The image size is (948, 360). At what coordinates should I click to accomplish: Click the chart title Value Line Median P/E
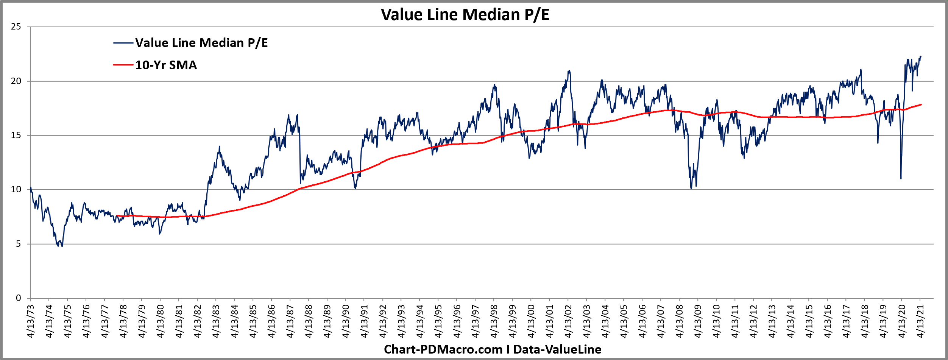coord(465,15)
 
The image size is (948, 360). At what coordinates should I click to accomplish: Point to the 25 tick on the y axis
coord(16,27)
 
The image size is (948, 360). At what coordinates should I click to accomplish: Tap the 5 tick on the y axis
coord(18,244)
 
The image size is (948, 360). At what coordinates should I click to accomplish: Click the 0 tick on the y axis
coord(18,298)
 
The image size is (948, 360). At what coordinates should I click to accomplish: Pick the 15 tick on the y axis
coord(16,136)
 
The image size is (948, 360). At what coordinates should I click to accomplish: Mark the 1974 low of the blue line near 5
coord(62,246)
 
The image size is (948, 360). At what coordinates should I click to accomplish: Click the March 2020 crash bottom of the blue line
coord(901,179)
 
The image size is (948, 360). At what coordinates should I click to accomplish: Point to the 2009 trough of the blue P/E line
coord(691,188)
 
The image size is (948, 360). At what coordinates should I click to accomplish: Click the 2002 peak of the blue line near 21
coord(569,71)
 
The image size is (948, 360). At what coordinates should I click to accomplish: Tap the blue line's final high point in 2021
coord(921,56)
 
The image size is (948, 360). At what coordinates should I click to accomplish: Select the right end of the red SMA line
coord(921,104)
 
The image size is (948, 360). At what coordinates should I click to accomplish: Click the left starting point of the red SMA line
coord(117,216)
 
